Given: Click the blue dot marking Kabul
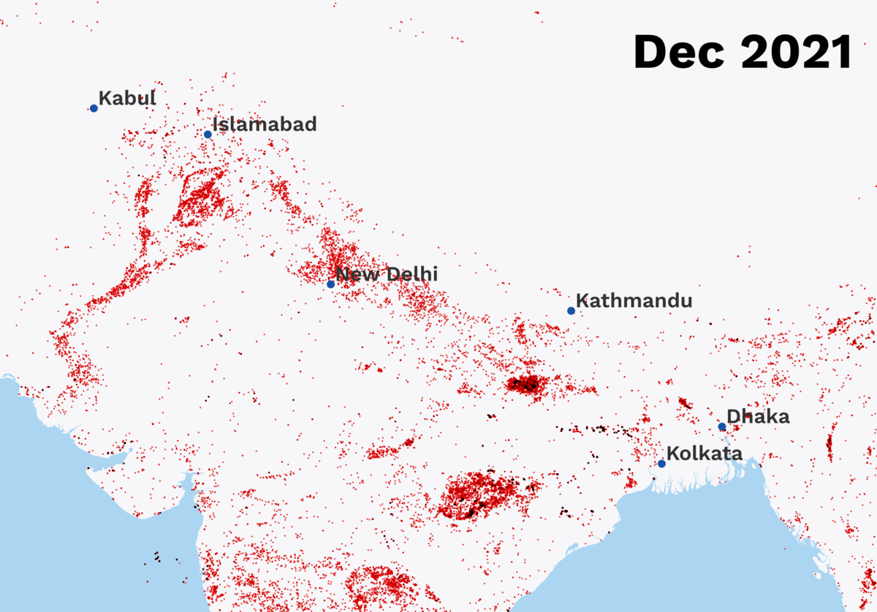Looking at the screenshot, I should pyautogui.click(x=94, y=108).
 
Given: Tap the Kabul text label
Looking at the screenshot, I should pyautogui.click(x=127, y=98).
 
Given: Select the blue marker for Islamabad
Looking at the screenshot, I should pyautogui.click(x=208, y=134).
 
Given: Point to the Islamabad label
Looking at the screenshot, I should pyautogui.click(x=265, y=124).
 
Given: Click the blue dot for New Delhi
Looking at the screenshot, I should pyautogui.click(x=330, y=284).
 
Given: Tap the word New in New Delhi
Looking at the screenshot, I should pyautogui.click(x=357, y=274).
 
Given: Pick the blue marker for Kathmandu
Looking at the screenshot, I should pyautogui.click(x=571, y=311).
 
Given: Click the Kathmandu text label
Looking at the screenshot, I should pyautogui.click(x=634, y=301).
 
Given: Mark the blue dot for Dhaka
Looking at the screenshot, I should pyautogui.click(x=722, y=427).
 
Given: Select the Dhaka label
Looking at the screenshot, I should pyautogui.click(x=758, y=417).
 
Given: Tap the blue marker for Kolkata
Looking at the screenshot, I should pyautogui.click(x=661, y=464).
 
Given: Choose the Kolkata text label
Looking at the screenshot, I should pyautogui.click(x=705, y=453).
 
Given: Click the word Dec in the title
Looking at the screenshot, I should pyautogui.click(x=679, y=52).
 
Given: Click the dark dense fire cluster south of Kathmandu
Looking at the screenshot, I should pyautogui.click(x=526, y=384).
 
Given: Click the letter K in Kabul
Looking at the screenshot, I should pyautogui.click(x=105, y=98).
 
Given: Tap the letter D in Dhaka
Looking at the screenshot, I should pyautogui.click(x=733, y=417).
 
